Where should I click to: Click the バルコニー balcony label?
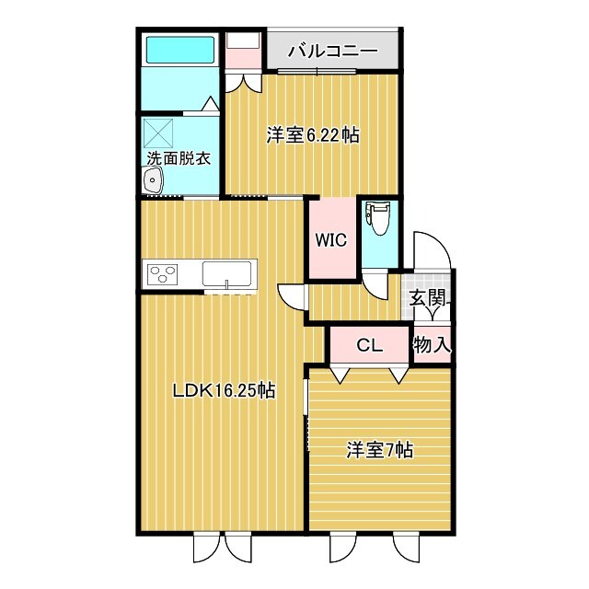coord(331,51)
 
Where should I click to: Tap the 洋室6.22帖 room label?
coord(313,135)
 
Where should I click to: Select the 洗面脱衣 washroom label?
coord(179,158)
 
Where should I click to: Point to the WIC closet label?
coord(330,240)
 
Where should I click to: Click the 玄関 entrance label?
coord(429,297)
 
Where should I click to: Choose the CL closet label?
coord(369,346)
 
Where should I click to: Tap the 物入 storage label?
coord(432,345)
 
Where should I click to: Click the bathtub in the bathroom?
coord(179,49)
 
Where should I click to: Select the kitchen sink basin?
coord(227,273)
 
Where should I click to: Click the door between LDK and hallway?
coord(293,296)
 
